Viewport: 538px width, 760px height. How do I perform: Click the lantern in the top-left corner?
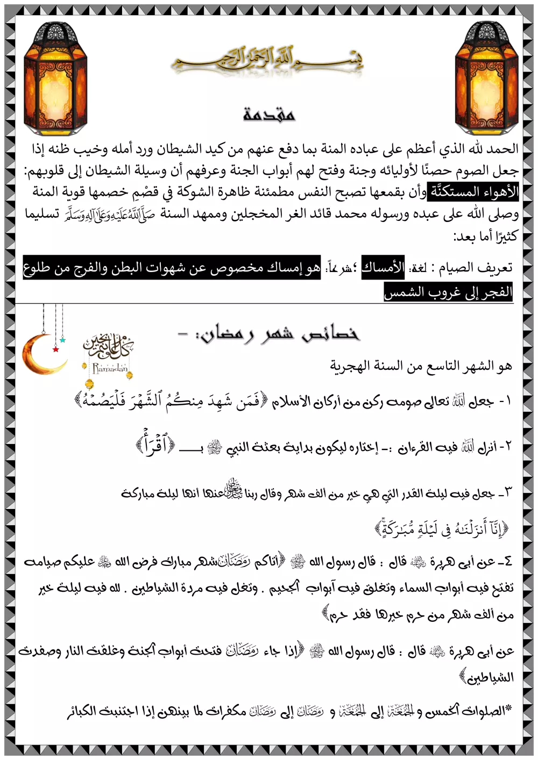coord(55,78)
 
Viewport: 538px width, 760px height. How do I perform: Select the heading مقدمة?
coord(268,113)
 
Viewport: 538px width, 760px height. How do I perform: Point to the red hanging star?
coord(55,349)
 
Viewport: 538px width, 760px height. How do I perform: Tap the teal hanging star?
coord(63,340)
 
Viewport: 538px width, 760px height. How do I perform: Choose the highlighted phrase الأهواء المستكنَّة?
coord(472,191)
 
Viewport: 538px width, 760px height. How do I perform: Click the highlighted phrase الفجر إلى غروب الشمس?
coord(448,292)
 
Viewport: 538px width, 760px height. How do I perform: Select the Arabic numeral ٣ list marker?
coord(507,492)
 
